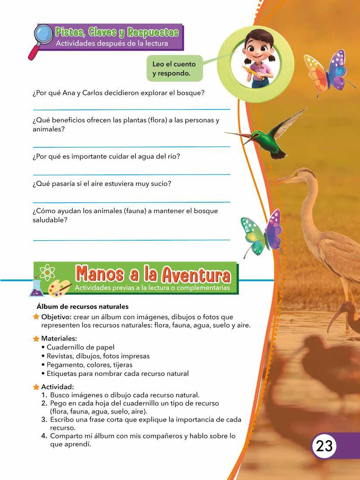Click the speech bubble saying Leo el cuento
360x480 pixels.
coord(174,68)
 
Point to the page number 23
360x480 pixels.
coord(324,446)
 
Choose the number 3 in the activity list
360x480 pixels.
coord(44,419)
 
